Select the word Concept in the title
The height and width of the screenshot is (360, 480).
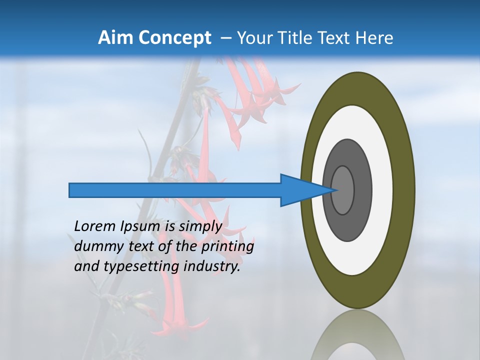coord(174,38)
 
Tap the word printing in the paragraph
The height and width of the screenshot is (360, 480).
coord(227,246)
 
